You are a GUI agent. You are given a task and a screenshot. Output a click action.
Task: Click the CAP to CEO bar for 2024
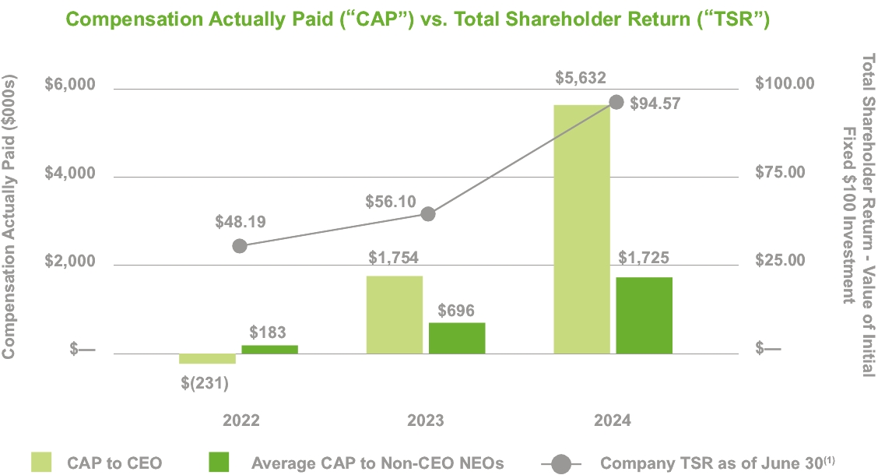581,229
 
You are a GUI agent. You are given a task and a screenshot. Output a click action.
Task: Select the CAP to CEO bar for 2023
394,315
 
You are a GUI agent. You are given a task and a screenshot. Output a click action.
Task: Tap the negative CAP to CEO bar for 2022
207,358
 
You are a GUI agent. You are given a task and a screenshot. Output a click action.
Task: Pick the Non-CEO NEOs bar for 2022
269,350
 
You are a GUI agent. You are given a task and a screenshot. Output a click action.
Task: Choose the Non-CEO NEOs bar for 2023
457,338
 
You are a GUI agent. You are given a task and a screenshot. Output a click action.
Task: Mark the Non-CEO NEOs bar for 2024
644,315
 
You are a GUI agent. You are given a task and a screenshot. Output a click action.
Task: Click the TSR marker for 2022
240,246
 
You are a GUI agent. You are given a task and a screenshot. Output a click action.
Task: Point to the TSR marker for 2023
427,214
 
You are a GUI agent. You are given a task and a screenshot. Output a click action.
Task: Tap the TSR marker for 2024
616,102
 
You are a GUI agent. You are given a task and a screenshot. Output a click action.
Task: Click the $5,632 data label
581,78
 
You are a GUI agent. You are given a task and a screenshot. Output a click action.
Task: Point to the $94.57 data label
654,103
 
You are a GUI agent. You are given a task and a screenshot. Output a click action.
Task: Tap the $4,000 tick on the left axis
69,174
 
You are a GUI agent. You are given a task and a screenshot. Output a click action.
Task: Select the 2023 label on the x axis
425,420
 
